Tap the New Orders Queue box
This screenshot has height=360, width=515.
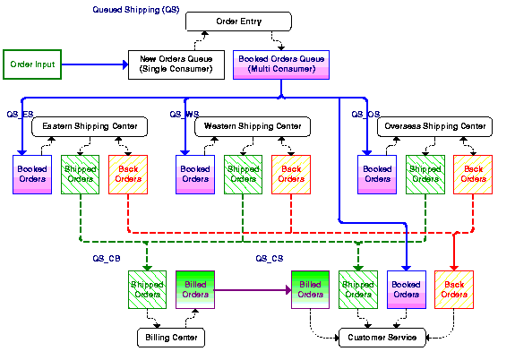click(x=176, y=64)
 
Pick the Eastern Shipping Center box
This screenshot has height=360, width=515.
click(x=90, y=127)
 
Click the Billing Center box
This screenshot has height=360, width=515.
click(x=171, y=338)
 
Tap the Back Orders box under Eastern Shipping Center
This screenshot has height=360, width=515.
click(x=127, y=174)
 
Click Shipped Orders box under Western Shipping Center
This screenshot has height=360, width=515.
click(x=243, y=174)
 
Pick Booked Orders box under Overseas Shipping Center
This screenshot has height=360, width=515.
click(x=376, y=174)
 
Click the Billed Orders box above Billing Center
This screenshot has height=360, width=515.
click(x=195, y=289)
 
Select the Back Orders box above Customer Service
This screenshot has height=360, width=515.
click(x=454, y=289)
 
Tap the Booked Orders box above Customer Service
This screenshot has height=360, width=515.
click(x=406, y=289)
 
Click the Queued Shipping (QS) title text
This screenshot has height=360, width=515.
click(x=135, y=9)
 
